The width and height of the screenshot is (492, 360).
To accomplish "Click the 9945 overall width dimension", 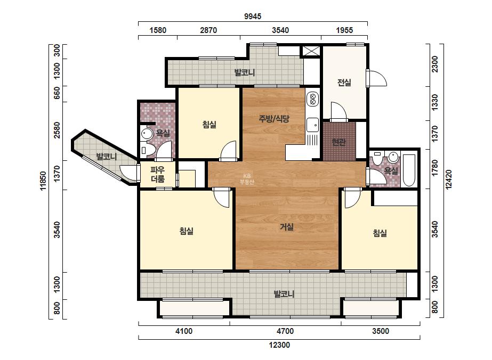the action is click(x=253, y=17).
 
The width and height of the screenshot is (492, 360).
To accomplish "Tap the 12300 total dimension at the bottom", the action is click(x=279, y=345).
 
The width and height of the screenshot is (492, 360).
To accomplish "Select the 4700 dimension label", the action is click(x=285, y=331).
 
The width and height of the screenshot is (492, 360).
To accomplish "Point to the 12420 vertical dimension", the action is click(x=449, y=179).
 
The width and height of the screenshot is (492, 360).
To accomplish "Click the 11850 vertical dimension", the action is click(x=43, y=181).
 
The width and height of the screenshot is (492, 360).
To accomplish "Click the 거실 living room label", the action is click(x=287, y=227).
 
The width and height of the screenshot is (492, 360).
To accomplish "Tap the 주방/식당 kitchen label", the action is click(x=274, y=119).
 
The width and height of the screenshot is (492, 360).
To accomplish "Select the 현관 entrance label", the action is click(x=339, y=142).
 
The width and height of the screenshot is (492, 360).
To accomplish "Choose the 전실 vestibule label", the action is click(x=344, y=83).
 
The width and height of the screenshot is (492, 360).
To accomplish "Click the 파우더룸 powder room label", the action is click(x=158, y=175).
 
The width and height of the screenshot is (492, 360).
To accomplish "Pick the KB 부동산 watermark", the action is click(x=247, y=179).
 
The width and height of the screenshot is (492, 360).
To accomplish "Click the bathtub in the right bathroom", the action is click(x=409, y=170).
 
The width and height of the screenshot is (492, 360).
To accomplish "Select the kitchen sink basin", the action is click(x=312, y=125).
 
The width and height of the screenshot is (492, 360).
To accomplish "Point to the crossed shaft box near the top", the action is click(x=311, y=51).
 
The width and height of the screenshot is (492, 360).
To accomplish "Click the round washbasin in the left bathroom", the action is click(x=147, y=134).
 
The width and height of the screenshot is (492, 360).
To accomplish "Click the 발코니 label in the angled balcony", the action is click(x=107, y=157).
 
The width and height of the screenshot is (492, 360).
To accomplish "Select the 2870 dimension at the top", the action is click(x=208, y=30).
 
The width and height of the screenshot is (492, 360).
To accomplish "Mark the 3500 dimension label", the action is click(x=380, y=331).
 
